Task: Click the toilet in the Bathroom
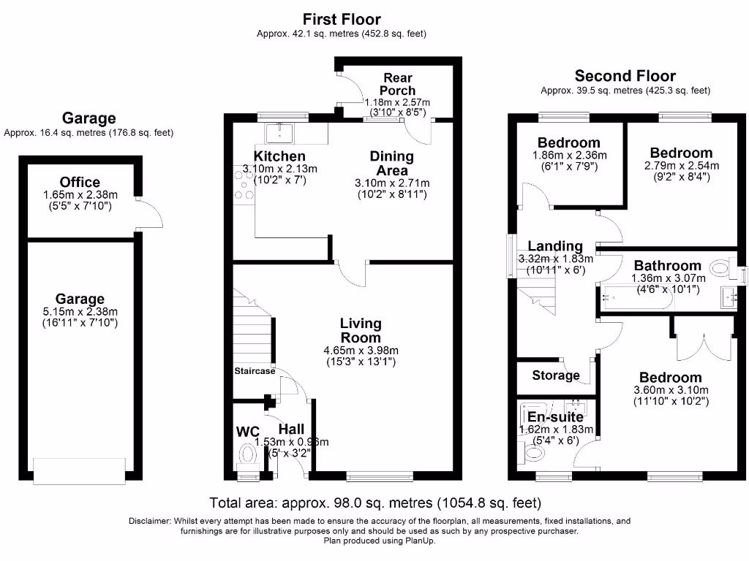[x=722, y=269]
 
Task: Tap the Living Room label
[x=360, y=330]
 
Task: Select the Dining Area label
[x=391, y=163]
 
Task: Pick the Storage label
[x=556, y=375]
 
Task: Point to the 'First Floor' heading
[x=342, y=19]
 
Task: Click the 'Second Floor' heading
[x=625, y=76]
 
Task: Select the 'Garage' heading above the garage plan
[x=89, y=118]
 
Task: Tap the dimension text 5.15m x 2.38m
[x=80, y=312]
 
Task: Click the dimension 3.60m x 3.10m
[x=670, y=391]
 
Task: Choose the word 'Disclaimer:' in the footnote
[x=150, y=522]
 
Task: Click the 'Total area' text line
[x=374, y=503]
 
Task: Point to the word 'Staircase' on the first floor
[x=255, y=371]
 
